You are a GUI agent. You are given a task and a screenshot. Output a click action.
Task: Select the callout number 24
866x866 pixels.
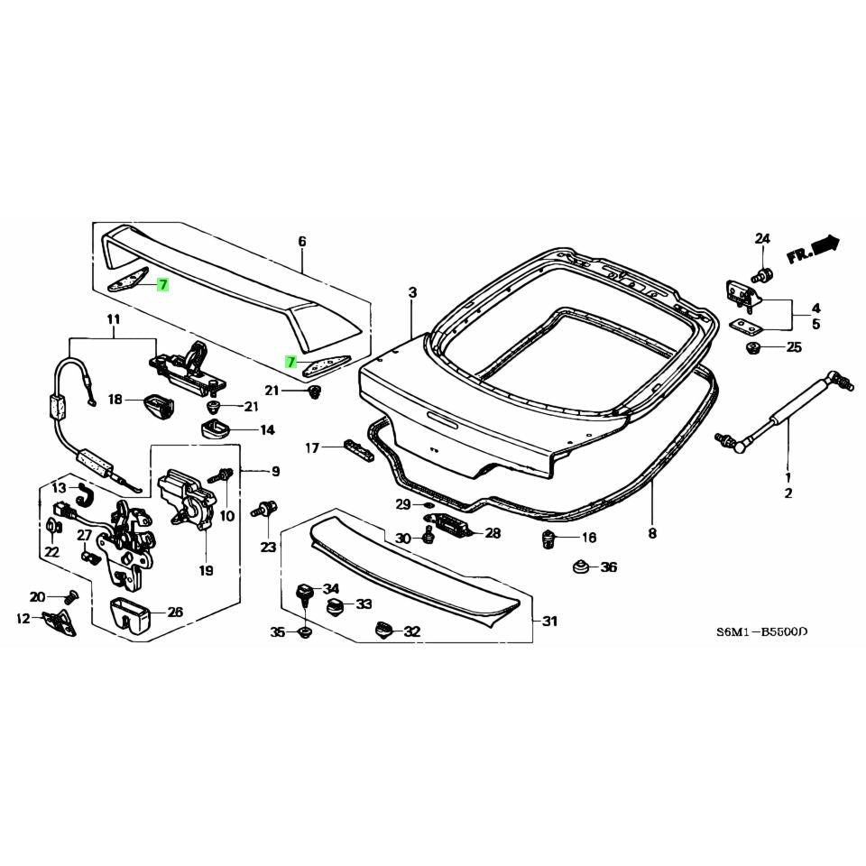(x=762, y=239)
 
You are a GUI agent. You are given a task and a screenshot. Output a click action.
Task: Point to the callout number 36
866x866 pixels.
(x=609, y=567)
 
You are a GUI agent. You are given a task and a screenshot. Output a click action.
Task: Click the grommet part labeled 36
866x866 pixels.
(x=582, y=567)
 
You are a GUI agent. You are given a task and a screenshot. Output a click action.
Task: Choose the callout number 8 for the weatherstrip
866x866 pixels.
(x=652, y=533)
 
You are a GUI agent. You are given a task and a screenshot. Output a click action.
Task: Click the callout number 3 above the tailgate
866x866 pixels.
(x=412, y=292)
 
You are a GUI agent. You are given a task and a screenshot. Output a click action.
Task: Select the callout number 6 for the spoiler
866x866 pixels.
(x=302, y=241)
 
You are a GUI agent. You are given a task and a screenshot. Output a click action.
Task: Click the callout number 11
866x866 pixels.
(x=113, y=318)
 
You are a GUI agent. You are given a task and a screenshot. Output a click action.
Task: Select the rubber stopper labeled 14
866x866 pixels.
(x=215, y=428)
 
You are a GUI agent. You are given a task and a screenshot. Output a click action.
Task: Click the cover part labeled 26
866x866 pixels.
(x=133, y=615)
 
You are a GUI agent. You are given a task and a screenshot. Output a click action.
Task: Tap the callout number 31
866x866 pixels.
(x=549, y=621)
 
